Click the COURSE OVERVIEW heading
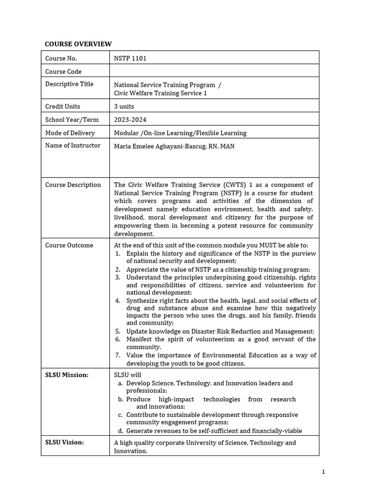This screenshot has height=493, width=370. pyautogui.click(x=78, y=44)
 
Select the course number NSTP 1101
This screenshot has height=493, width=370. pyautogui.click(x=130, y=58)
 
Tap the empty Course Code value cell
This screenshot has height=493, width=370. pyautogui.click(x=214, y=71)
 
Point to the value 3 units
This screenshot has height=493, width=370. pyautogui.click(x=124, y=106)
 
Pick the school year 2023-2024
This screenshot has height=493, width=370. pyautogui.click(x=130, y=119)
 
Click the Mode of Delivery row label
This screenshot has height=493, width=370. pyautogui.click(x=70, y=133)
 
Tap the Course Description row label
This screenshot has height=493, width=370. pyautogui.click(x=73, y=185)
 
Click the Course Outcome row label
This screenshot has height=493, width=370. pyautogui.click(x=69, y=245)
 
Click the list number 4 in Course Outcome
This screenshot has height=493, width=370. pyautogui.click(x=118, y=300)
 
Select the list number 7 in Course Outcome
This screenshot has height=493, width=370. pyautogui.click(x=118, y=355)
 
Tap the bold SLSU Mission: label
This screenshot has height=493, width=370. pyautogui.click(x=67, y=375)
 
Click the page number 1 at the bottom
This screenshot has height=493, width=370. pyautogui.click(x=323, y=472)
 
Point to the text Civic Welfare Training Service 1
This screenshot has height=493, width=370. pyautogui.click(x=160, y=93)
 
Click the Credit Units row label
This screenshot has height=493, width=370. pyautogui.click(x=63, y=106)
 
